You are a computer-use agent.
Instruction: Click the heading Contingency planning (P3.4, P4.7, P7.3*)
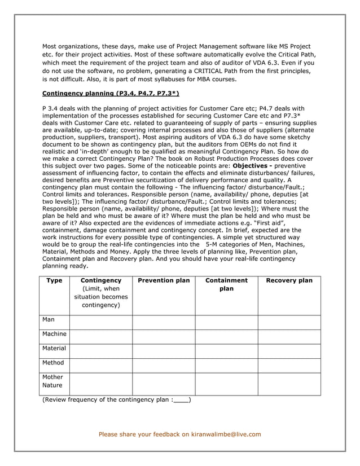[111, 94]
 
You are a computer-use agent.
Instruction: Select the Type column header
[54, 280]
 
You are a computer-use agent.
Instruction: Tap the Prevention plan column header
[164, 280]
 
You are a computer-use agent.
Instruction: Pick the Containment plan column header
[226, 284]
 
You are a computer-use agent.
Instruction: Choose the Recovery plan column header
[289, 280]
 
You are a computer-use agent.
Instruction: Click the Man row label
[49, 319]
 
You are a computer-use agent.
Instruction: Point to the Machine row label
[54, 334]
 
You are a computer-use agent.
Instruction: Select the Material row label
[54, 348]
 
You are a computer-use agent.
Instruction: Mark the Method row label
[53, 363]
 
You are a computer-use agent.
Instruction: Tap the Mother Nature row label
[53, 381]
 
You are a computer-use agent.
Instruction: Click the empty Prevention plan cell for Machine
[164, 337]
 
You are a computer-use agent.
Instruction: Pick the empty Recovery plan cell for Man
[289, 322]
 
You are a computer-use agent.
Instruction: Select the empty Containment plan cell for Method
[226, 366]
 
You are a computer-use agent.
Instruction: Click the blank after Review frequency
[182, 401]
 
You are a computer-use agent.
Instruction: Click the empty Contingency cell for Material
[101, 351]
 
